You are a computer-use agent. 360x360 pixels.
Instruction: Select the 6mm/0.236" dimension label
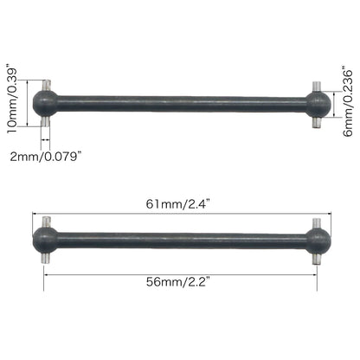[347, 104]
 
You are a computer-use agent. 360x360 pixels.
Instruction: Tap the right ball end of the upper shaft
[318, 105]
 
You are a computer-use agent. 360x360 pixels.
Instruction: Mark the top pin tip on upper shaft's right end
[318, 86]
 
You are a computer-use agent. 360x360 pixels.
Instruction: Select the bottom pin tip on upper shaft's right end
[318, 125]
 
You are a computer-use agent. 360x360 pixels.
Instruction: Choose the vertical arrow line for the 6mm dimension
[334, 105]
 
